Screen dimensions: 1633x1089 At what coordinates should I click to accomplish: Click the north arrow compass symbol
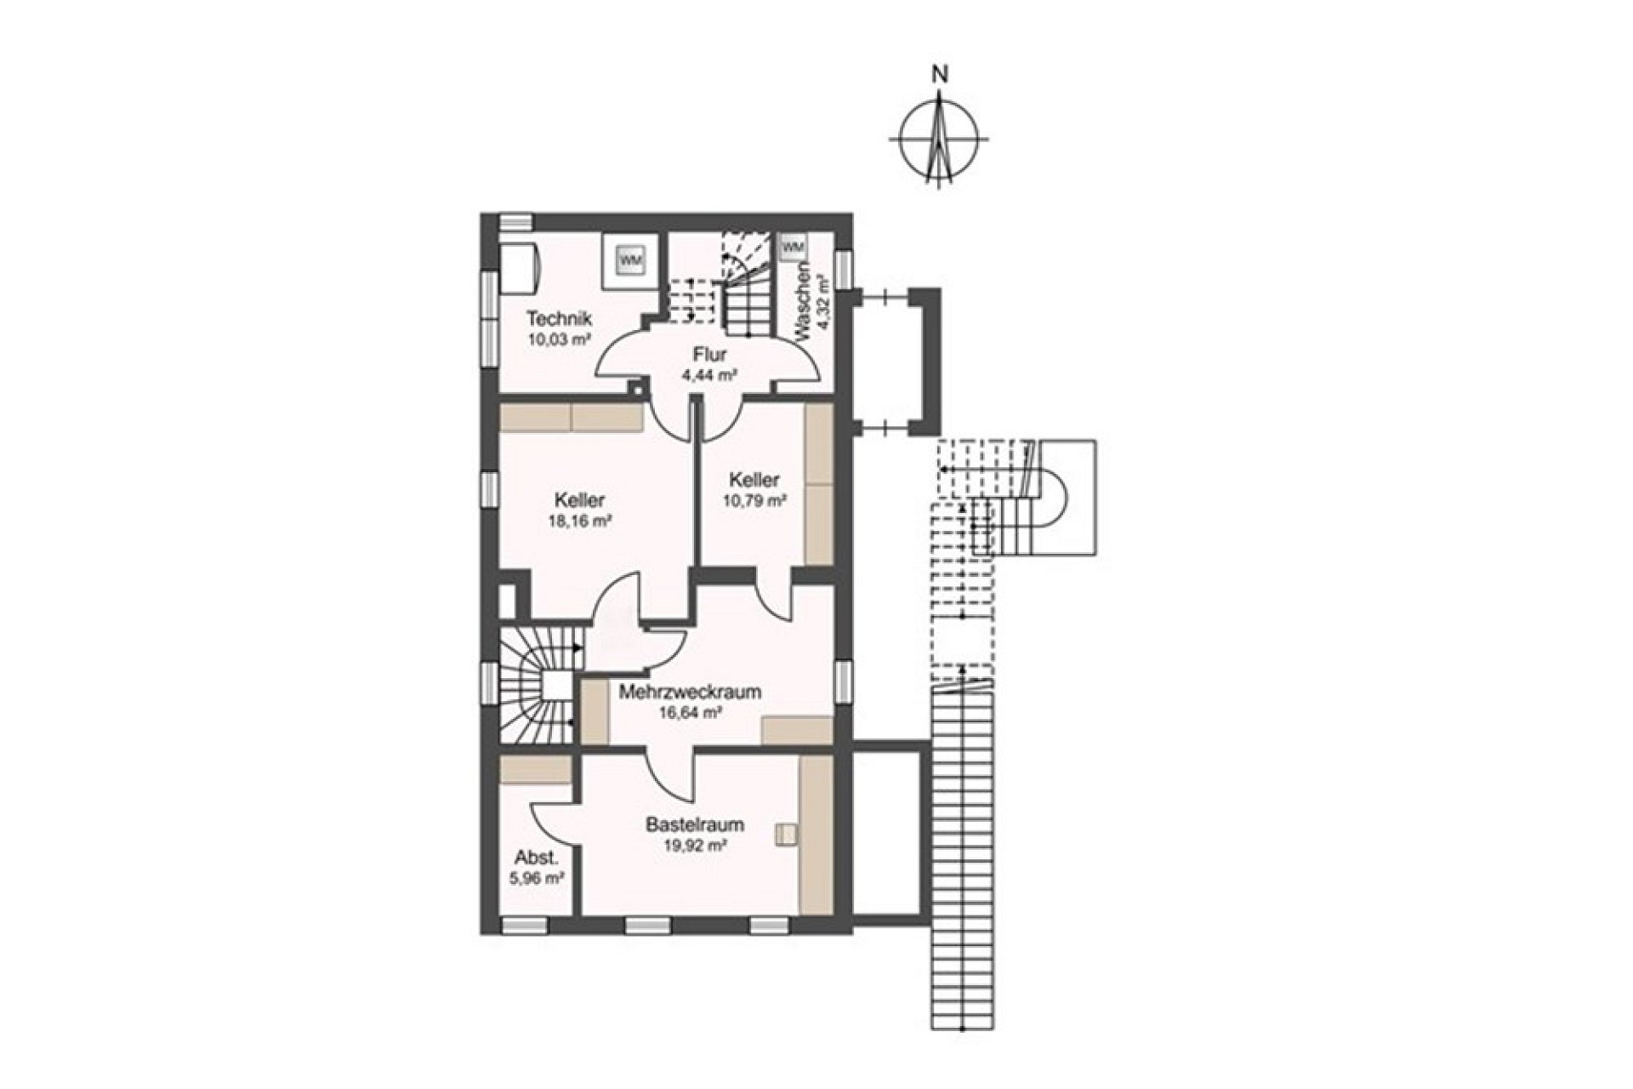[x=939, y=138]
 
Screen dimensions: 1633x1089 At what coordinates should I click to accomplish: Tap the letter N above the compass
[x=940, y=74]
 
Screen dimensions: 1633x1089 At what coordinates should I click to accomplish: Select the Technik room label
[x=559, y=319]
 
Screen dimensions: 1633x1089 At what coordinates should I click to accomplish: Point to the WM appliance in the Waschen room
[x=793, y=247]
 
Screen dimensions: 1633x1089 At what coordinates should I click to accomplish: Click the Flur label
[x=708, y=354]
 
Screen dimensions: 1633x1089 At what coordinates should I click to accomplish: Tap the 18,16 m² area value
[x=581, y=522]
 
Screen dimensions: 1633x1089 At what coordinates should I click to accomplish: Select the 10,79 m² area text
[x=754, y=501]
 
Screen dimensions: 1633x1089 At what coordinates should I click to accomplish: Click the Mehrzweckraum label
[x=690, y=692]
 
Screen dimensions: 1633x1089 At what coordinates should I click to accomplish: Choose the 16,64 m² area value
[x=691, y=713]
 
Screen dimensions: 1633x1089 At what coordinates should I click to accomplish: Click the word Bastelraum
[x=695, y=824]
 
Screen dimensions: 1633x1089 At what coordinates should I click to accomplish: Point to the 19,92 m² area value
[x=695, y=846]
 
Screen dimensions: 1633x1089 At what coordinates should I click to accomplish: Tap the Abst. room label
[x=531, y=858]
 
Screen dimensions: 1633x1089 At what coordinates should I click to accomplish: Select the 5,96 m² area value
[x=537, y=878]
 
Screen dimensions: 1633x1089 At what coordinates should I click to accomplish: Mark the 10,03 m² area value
[x=559, y=339]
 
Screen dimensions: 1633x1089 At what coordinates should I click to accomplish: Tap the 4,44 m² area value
[x=708, y=374]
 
